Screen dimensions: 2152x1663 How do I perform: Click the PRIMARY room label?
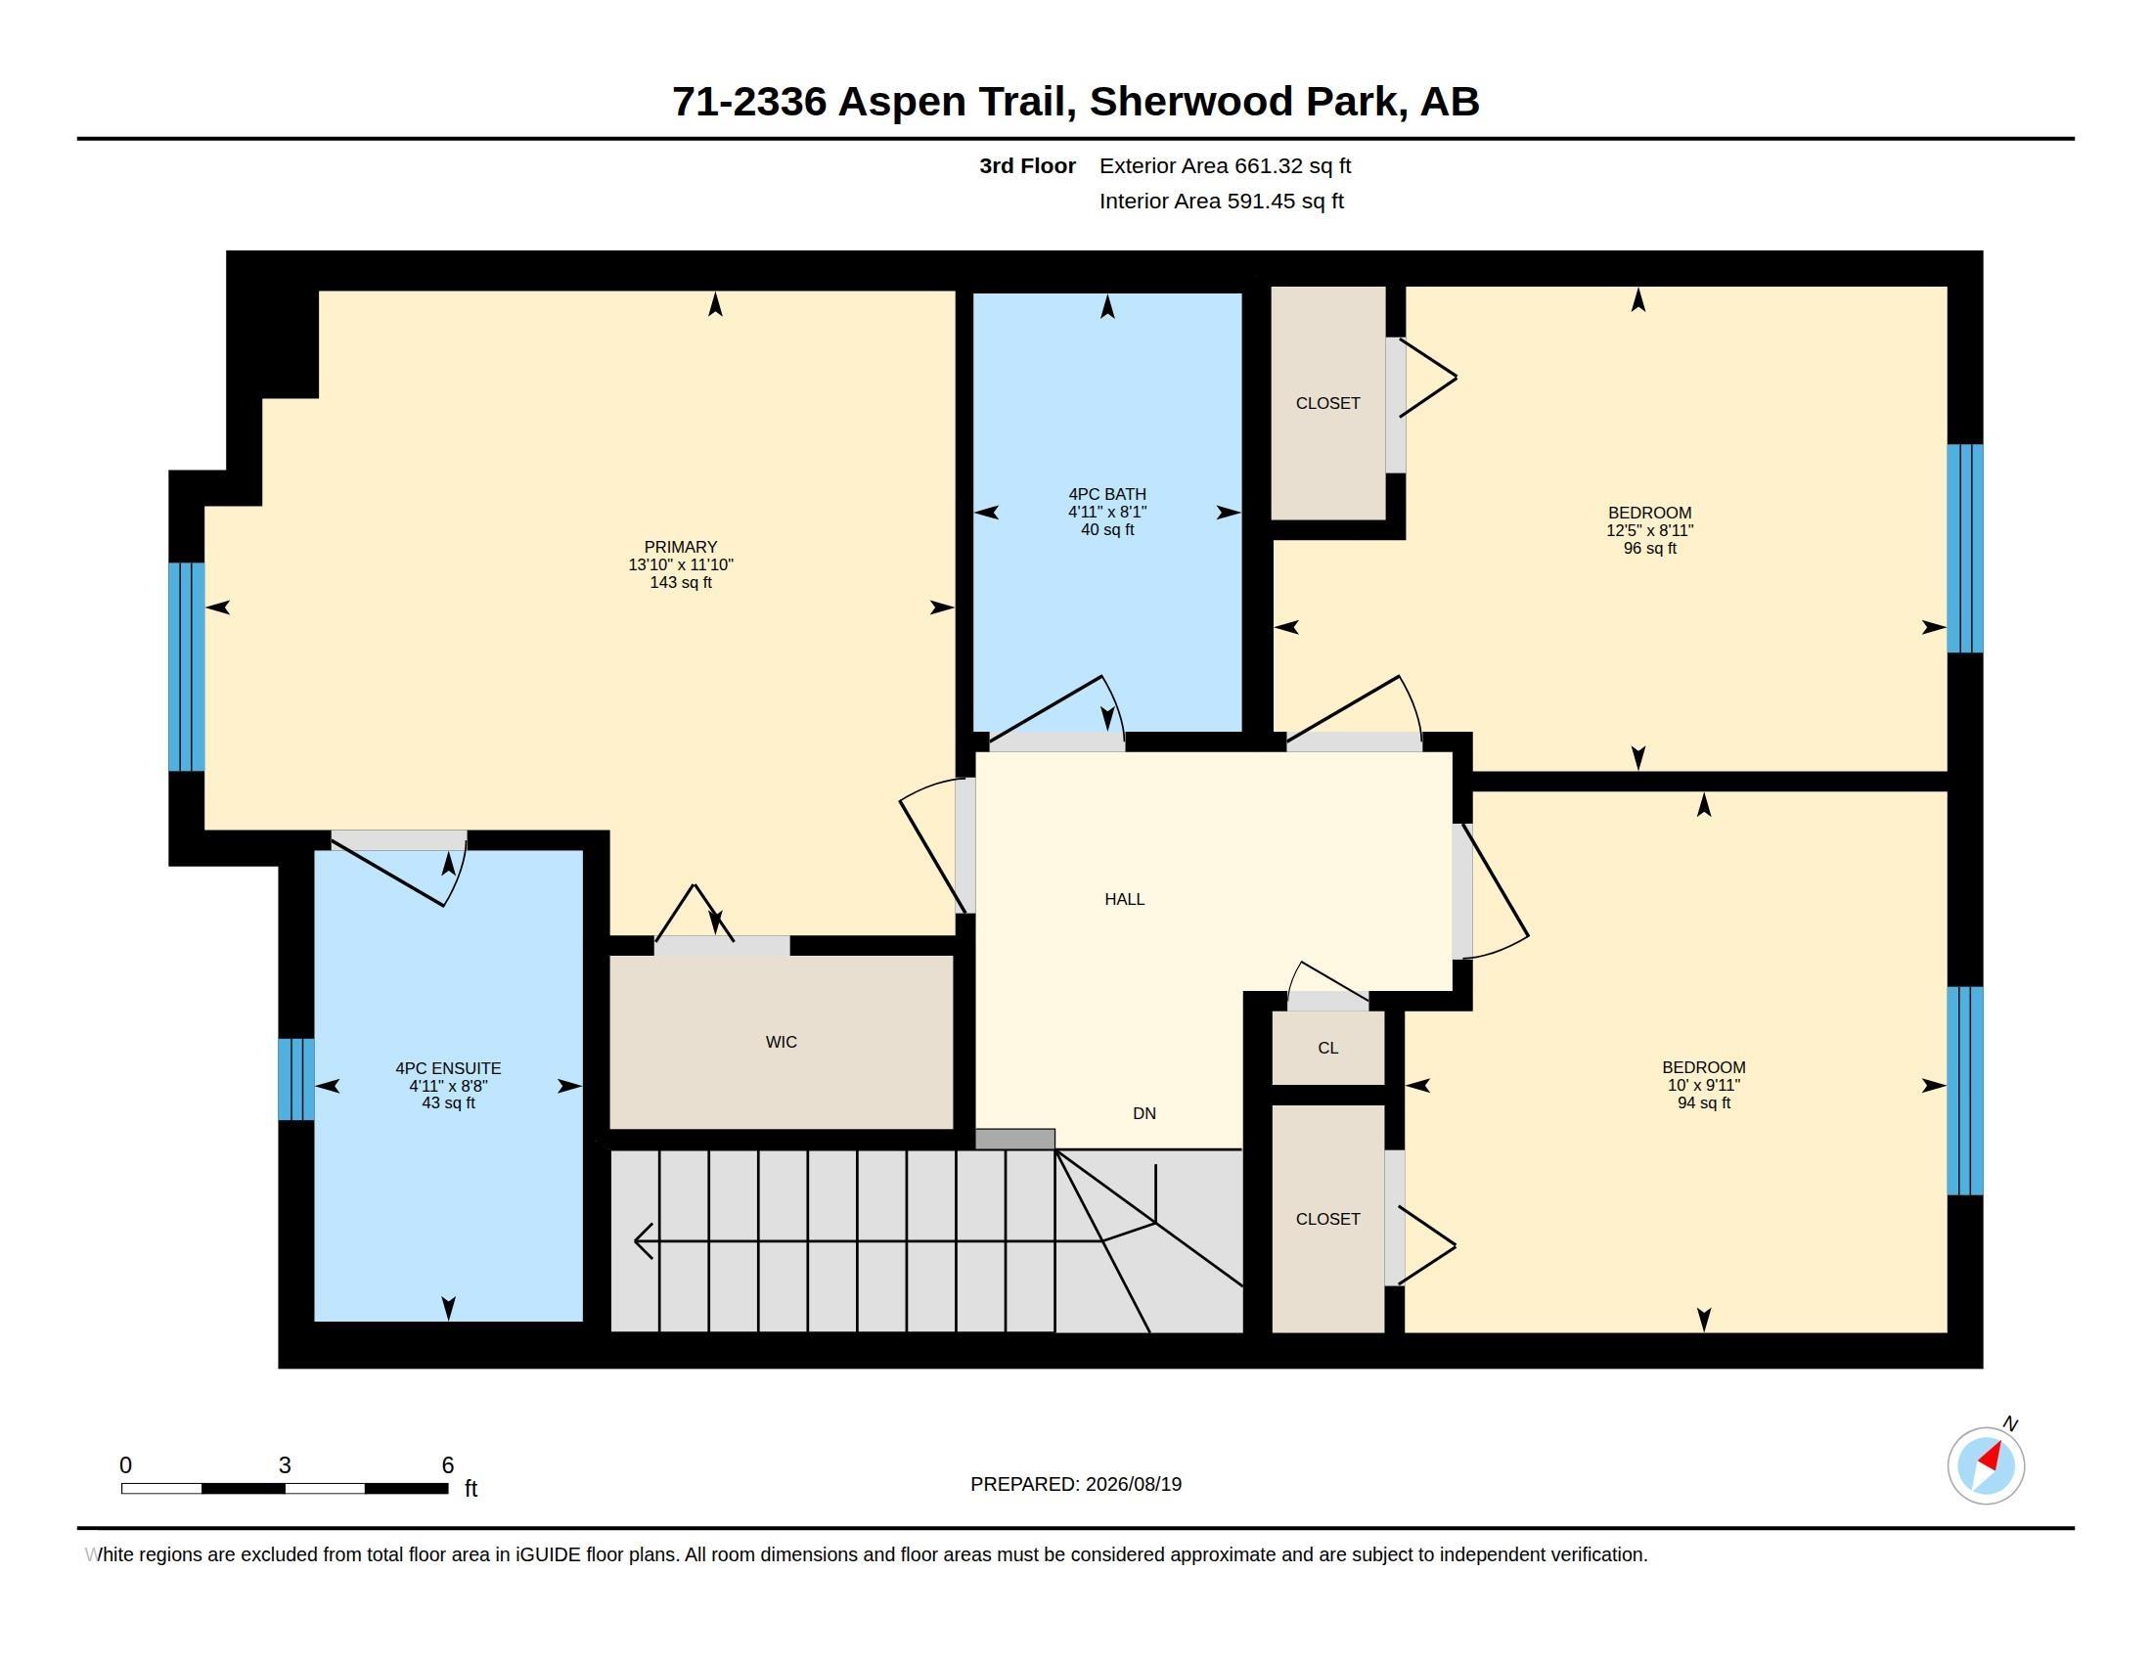(x=680, y=547)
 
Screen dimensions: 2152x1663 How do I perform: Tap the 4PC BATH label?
(x=1106, y=495)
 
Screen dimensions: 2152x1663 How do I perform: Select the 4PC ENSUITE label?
(x=448, y=1068)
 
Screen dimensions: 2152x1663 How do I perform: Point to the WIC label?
(x=781, y=1043)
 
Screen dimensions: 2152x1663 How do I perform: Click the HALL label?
(x=1124, y=899)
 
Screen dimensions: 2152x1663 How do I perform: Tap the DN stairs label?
(x=1144, y=1113)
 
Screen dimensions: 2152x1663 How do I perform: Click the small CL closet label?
(x=1327, y=1049)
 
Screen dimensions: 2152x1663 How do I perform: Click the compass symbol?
(x=1986, y=1465)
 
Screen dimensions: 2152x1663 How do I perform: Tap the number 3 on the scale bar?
(x=285, y=1465)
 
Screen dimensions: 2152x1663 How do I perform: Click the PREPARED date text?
(x=1076, y=1484)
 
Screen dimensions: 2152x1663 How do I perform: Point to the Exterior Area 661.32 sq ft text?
(x=1225, y=165)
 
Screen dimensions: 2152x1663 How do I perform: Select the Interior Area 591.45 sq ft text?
(x=1221, y=201)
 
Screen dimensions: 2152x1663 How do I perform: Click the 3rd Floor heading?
(x=1027, y=165)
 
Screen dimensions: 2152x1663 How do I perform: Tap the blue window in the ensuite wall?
(x=295, y=1080)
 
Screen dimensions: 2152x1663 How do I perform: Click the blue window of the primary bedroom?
(x=186, y=666)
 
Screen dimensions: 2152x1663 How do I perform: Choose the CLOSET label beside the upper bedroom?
(x=1327, y=403)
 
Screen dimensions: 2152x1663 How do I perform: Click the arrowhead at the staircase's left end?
(x=643, y=1241)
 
